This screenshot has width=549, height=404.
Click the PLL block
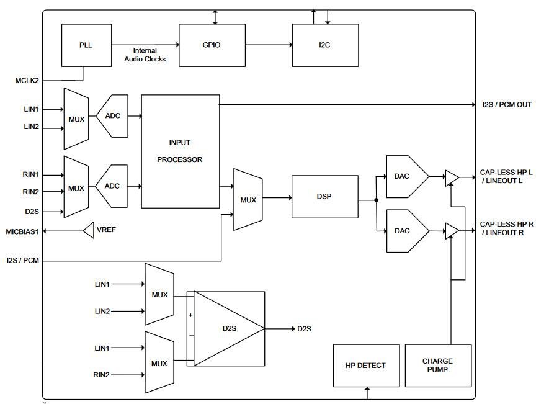(86, 45)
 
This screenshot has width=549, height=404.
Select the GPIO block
(212, 45)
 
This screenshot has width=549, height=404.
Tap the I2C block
(325, 45)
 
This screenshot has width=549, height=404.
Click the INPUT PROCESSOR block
(180, 151)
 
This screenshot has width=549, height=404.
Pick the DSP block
(324, 196)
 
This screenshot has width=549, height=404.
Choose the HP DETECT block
(366, 366)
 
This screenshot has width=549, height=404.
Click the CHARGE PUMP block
(437, 366)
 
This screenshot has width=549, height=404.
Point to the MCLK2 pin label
(27, 81)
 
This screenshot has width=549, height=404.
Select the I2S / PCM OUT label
(507, 104)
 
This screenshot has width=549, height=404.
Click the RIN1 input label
(31, 174)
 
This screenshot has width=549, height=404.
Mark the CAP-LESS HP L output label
(506, 176)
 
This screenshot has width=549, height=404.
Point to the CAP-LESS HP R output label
(506, 228)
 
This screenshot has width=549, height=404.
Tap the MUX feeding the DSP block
(248, 200)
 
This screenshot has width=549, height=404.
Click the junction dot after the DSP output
(377, 200)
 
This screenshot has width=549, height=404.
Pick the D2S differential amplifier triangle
(227, 328)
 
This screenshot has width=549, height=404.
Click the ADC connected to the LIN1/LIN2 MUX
(112, 116)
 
